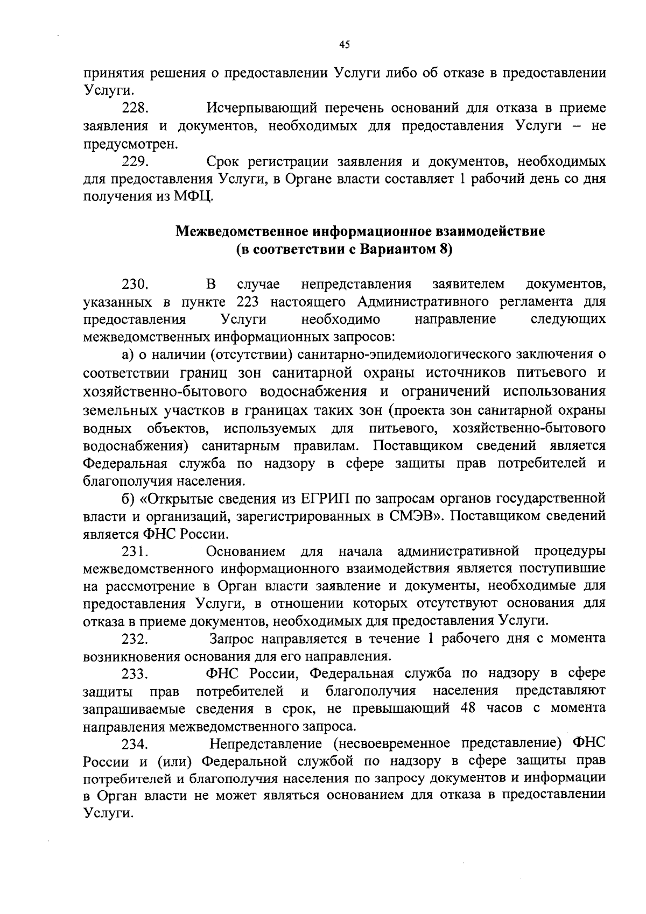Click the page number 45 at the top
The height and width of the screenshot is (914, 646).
(x=345, y=45)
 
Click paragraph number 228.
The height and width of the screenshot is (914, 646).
(x=135, y=109)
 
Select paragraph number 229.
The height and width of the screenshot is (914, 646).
(x=135, y=161)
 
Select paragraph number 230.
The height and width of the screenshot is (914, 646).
(x=135, y=284)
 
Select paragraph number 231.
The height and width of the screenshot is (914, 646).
(x=134, y=551)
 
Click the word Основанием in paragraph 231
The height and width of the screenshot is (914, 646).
(x=245, y=551)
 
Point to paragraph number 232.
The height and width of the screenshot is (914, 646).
(x=135, y=639)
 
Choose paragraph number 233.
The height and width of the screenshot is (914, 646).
(x=135, y=674)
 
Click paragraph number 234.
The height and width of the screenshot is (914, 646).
(x=135, y=745)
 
